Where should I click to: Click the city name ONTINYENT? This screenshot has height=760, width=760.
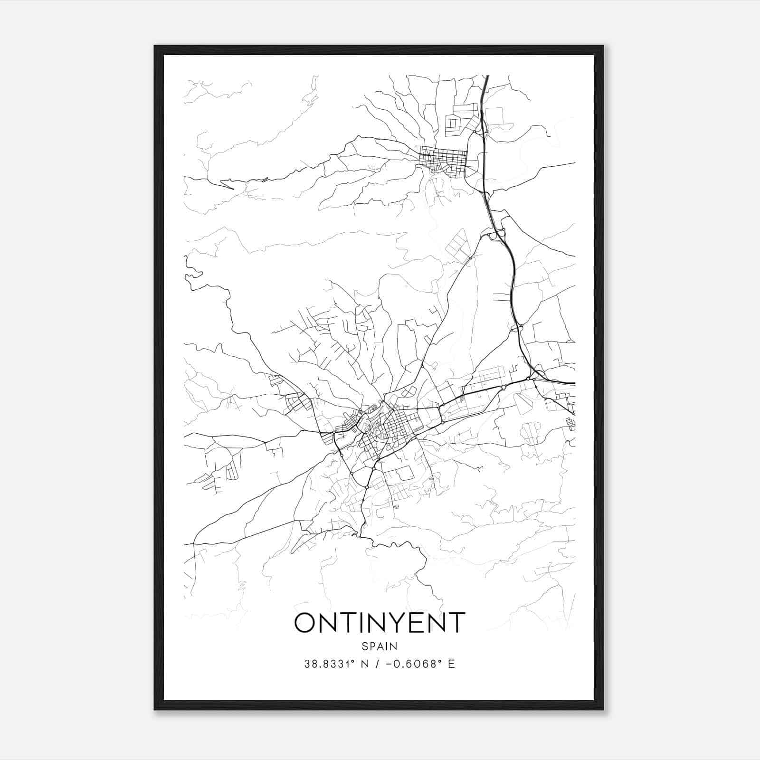[x=380, y=623]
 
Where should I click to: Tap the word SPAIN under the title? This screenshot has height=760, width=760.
[x=380, y=646]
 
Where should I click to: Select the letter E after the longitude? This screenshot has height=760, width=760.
[x=451, y=664]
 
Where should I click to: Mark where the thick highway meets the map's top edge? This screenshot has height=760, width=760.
[x=487, y=76]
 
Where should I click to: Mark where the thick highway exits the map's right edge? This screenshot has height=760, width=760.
[x=574, y=383]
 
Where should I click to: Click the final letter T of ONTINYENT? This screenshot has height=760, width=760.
[x=456, y=623]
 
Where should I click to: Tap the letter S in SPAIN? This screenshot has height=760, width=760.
[x=364, y=646]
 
